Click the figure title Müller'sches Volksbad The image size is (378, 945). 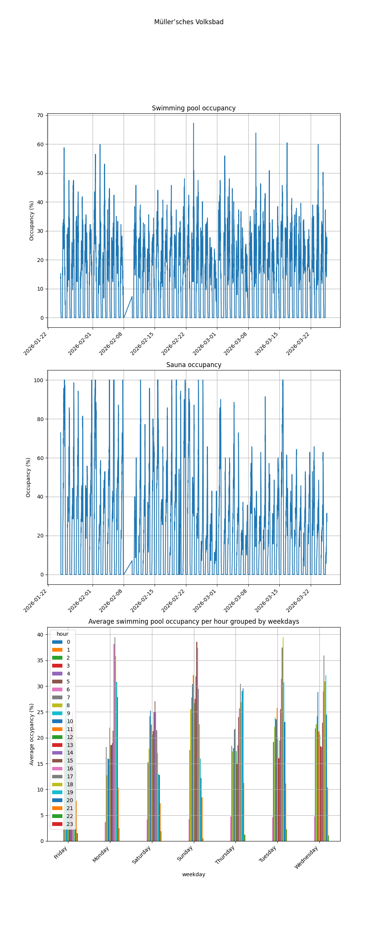189,22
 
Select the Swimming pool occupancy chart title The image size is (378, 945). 194,108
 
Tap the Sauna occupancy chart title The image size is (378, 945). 194,365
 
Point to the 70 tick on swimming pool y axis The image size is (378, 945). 40,115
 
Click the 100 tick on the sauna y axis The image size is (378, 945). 39,380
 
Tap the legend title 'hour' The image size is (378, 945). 62,634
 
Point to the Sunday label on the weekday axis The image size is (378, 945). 185,854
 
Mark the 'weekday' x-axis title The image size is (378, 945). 194,874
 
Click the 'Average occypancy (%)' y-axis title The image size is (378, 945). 32,734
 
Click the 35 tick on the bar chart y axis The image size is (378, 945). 40,660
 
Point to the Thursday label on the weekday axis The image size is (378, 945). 225,855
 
